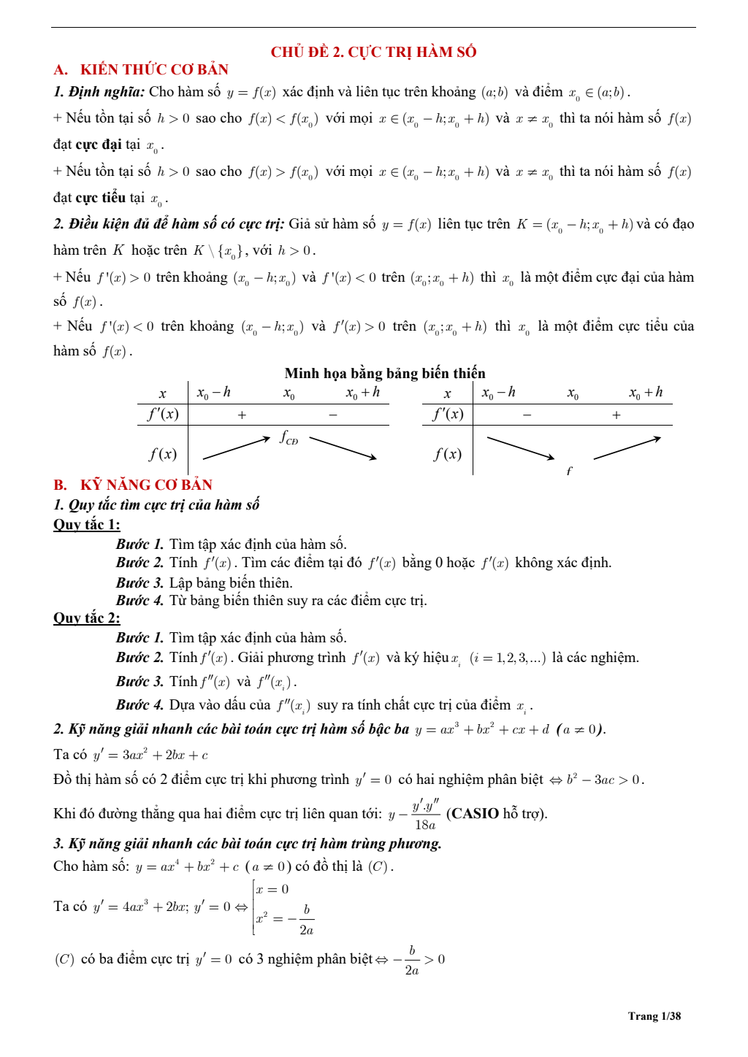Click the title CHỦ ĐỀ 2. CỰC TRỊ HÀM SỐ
pos(373,52)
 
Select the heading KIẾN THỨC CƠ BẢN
pos(154,69)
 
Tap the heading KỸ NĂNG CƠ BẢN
pos(146,485)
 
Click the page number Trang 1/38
pos(654,1016)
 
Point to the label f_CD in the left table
pos(289,438)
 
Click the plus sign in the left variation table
pos(242,415)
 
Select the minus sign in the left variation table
pos(333,415)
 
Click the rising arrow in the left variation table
pos(236,448)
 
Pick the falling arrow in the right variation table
pos(520,448)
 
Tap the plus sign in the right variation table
pos(617,415)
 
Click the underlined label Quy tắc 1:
pos(86,524)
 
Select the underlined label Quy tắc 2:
pos(86,618)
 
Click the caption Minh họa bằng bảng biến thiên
pos(385,373)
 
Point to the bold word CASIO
pos(475,813)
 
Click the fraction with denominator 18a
pos(425,815)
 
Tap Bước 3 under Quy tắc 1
pos(140,583)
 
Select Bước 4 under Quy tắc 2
pos(140,704)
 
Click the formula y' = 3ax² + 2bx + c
pos(150,755)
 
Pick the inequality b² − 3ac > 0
pos(604,780)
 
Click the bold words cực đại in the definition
pos(99,145)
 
